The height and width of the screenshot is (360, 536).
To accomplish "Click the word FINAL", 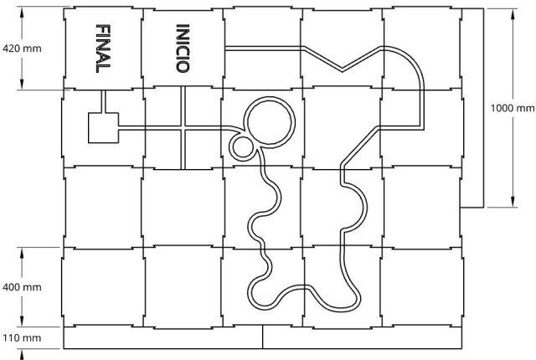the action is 103,49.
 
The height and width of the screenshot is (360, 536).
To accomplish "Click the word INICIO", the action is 183,49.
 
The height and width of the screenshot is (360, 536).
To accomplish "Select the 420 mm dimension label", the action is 22,49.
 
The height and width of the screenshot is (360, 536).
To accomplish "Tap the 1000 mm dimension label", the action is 512,108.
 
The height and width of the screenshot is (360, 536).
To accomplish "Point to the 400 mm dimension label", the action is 22,287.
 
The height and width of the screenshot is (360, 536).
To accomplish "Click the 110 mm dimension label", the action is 22,338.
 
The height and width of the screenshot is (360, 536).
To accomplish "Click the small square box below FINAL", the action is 103,128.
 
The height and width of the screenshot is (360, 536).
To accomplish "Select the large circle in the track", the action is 270,122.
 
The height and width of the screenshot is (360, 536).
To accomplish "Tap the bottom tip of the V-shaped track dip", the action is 343,70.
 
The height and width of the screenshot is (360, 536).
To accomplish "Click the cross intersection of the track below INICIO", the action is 183,128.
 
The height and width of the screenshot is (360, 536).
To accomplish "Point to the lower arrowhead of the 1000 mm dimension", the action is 513,201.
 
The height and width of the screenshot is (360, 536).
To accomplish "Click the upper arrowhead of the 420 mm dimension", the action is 22,13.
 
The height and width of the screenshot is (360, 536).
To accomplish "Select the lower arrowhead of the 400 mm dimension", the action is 22,321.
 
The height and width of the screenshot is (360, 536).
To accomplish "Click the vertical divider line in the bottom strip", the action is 262,337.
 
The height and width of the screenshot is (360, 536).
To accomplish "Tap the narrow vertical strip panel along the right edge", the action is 472,108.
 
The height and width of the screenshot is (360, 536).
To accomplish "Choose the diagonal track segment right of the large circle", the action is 360,145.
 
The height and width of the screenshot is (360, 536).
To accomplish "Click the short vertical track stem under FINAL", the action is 103,101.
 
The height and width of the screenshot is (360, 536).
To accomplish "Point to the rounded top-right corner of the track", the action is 412,59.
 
